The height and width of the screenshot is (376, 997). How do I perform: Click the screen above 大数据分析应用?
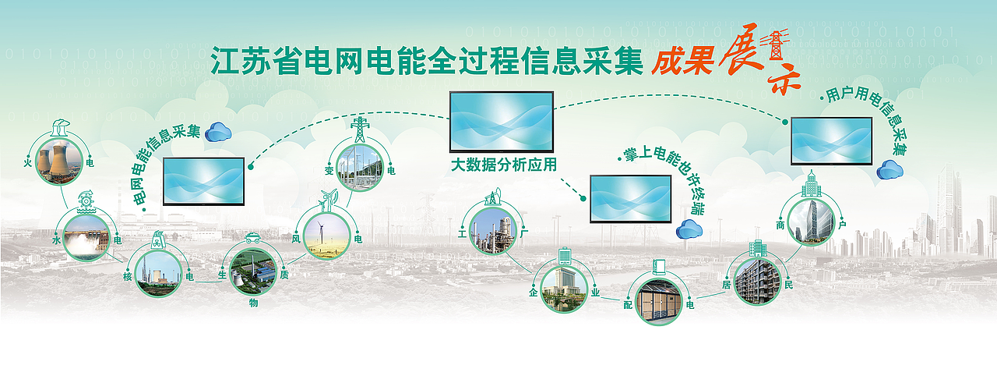502,122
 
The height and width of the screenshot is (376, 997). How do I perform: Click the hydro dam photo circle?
86,237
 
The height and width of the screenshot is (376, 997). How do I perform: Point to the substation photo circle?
360,167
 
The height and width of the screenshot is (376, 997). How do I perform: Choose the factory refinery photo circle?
494,230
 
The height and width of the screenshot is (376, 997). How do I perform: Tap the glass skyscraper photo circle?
810,221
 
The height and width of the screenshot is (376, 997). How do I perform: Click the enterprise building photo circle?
563,289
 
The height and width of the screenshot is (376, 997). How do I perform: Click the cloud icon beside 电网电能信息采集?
219,132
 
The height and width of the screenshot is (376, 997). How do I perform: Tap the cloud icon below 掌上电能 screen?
689,229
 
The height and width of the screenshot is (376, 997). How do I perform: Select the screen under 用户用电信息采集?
831,140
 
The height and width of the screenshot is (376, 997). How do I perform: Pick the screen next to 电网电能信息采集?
203,181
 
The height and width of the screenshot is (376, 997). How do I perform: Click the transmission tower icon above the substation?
360,129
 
